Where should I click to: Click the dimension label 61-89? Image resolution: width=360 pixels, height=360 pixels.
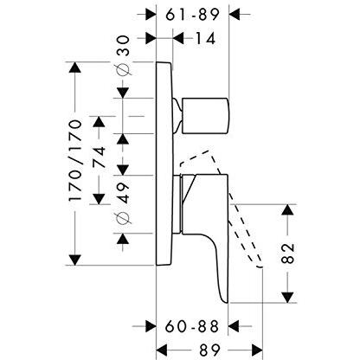(x=192, y=15)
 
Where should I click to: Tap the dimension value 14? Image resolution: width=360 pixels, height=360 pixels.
(x=206, y=38)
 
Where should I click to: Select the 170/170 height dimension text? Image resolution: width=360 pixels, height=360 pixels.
(x=75, y=161)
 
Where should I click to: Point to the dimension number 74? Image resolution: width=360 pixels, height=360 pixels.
(x=100, y=157)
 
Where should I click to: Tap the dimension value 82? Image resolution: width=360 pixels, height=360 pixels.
(x=287, y=254)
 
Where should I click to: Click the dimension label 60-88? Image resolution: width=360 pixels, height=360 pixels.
(x=192, y=327)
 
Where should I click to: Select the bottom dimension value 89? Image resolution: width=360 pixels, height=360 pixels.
(x=209, y=350)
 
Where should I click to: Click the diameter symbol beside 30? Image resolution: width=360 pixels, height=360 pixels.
(x=123, y=69)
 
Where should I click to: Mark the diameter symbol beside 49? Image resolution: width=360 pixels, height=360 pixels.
(x=123, y=217)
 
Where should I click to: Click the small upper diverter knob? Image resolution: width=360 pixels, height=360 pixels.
(x=205, y=116)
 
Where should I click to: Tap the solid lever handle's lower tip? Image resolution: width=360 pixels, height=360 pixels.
(x=226, y=302)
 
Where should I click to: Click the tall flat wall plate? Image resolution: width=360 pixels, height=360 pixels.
(x=164, y=164)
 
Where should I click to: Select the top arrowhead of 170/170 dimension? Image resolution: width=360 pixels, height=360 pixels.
(x=75, y=68)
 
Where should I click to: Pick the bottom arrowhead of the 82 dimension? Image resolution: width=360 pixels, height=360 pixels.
(x=287, y=297)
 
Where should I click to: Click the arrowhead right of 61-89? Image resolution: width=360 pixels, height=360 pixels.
(x=235, y=14)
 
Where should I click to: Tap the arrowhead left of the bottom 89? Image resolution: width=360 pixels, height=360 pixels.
(x=162, y=350)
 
